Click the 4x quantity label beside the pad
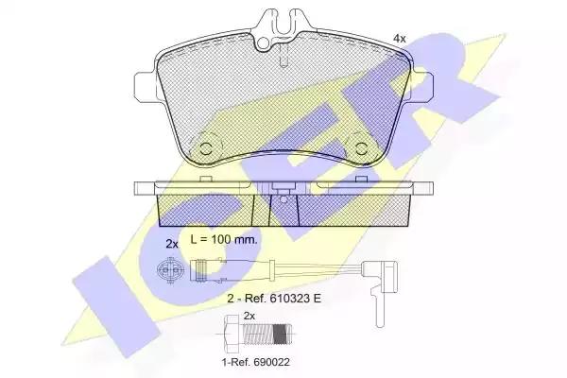click(400, 39)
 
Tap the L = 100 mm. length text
click(224, 239)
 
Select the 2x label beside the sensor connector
click(172, 244)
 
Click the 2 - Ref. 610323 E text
click(274, 299)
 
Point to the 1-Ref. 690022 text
click(256, 362)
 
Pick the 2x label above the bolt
click(249, 316)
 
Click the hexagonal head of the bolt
click(232, 335)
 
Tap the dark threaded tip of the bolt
click(282, 335)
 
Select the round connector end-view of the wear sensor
click(170, 269)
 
